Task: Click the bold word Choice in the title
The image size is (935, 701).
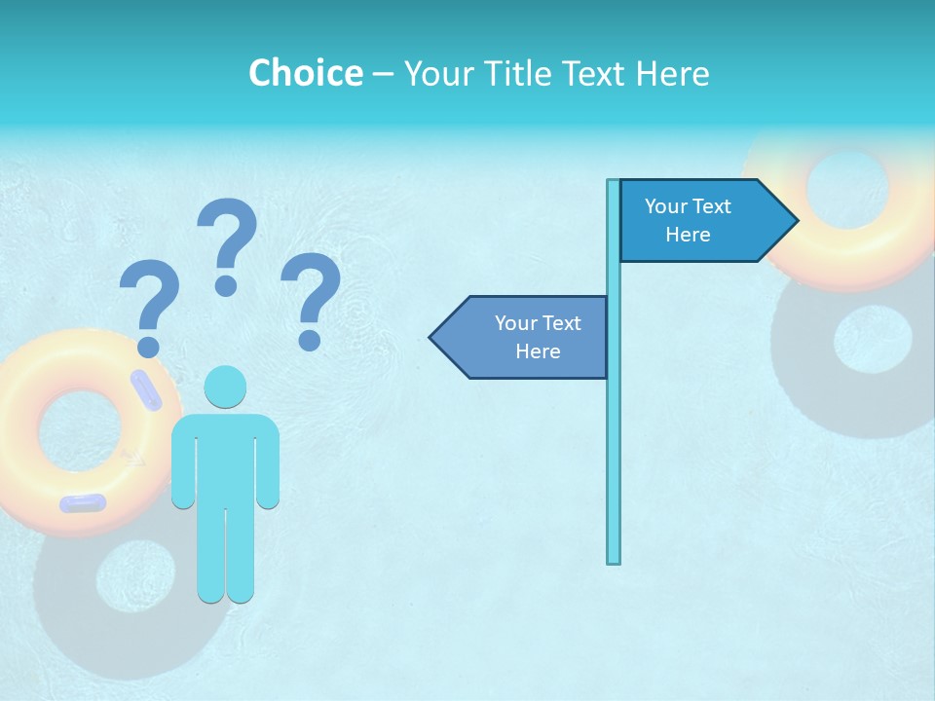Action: click(x=305, y=73)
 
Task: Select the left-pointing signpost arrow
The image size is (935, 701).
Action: click(x=521, y=337)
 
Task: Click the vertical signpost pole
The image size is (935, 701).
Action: click(x=614, y=438)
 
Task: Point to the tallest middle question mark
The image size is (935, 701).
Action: click(x=228, y=243)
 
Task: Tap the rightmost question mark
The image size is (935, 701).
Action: click(x=311, y=297)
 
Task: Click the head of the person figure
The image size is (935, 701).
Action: click(x=225, y=387)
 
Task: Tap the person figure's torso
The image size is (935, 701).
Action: click(x=225, y=458)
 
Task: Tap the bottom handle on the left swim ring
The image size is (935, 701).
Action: click(x=83, y=503)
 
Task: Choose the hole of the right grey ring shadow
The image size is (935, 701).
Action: click(x=873, y=339)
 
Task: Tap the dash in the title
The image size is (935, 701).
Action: click(x=383, y=74)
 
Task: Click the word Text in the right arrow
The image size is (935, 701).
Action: click(x=712, y=206)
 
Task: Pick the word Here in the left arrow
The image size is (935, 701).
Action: click(x=538, y=351)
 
